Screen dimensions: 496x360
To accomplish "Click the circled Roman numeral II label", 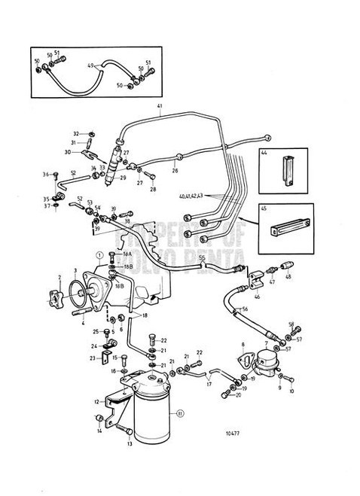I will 180,412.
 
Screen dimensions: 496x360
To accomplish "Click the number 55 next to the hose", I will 201,257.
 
